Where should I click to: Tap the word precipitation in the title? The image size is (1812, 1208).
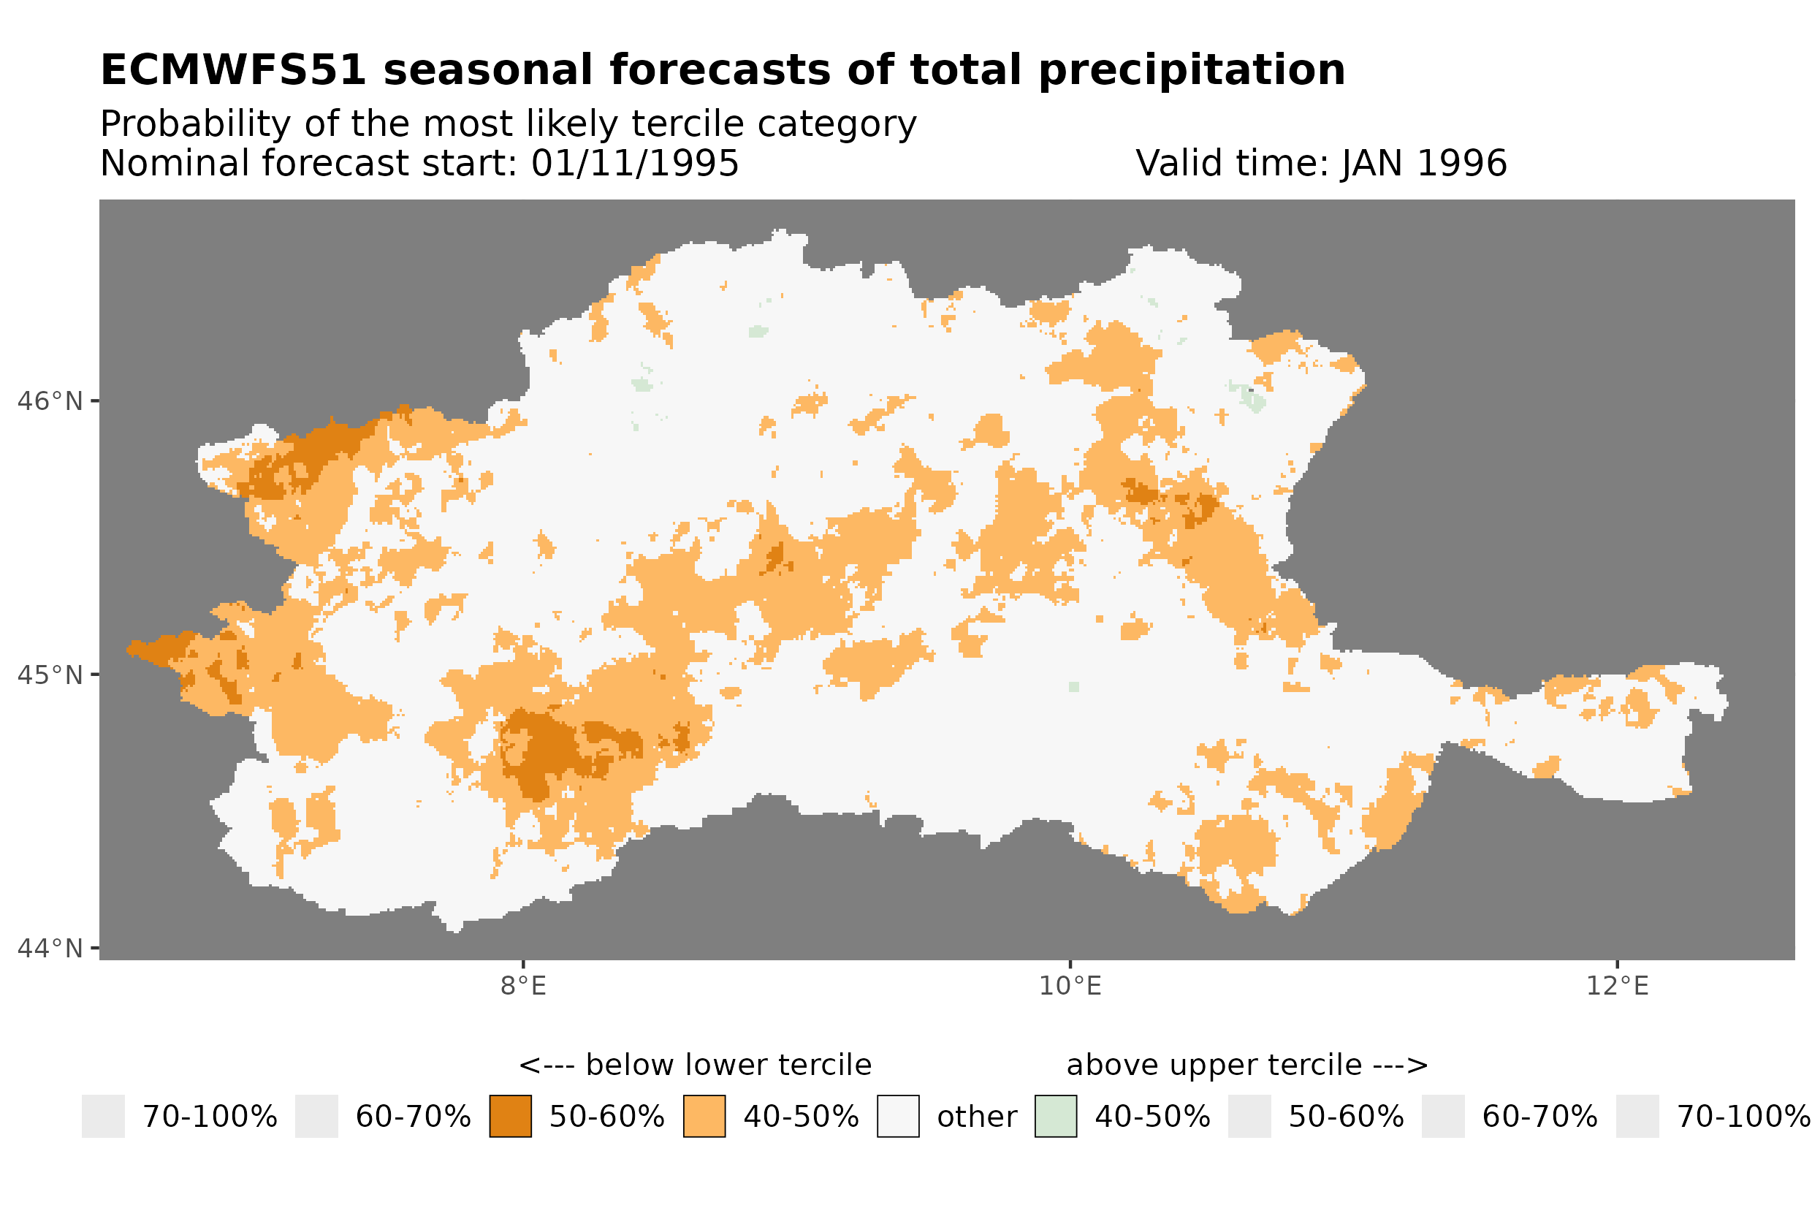(1190, 70)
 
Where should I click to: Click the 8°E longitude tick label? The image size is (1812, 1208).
(523, 986)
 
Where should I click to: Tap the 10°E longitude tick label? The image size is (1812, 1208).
(1070, 986)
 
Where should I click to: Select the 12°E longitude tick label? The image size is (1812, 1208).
(1616, 986)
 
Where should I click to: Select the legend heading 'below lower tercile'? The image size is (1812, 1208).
(728, 1065)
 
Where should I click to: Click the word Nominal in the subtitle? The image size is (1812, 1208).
(173, 163)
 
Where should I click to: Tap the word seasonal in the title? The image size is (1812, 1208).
(488, 70)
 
